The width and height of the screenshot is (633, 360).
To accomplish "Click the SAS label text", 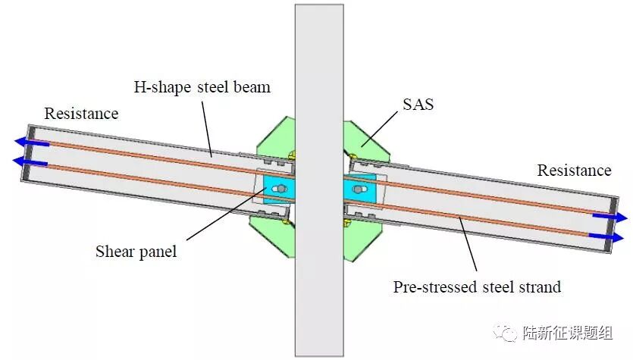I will pos(418,105).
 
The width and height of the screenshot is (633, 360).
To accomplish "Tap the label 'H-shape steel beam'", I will pos(202,87).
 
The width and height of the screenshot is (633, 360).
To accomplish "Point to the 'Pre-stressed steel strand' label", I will pos(477,287).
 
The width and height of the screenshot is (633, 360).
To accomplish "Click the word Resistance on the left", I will pos(81,114).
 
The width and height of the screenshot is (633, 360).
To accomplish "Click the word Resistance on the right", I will pos(574,171).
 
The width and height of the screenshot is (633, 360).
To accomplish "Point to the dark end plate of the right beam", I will pos(617,228).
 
